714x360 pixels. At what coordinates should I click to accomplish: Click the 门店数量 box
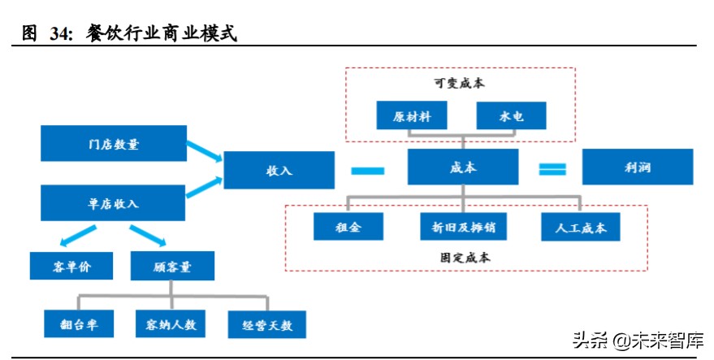pyautogui.click(x=114, y=144)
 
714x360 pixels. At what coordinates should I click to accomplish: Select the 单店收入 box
pyautogui.click(x=114, y=203)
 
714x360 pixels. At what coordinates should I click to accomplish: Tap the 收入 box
pyautogui.click(x=279, y=171)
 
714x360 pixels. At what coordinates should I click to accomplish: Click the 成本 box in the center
pyautogui.click(x=463, y=167)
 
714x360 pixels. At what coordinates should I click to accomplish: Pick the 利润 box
pyautogui.click(x=638, y=167)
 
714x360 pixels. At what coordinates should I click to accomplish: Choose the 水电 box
pyautogui.click(x=511, y=115)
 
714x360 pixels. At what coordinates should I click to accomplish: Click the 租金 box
pyautogui.click(x=348, y=227)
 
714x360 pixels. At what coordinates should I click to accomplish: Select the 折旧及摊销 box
pyautogui.click(x=463, y=227)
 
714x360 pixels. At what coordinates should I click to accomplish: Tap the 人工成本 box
pyautogui.click(x=580, y=227)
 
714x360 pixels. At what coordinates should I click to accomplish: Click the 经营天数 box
pyautogui.click(x=266, y=325)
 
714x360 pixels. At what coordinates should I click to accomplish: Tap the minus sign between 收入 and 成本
pyautogui.click(x=368, y=170)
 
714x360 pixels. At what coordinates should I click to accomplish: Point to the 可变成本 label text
pyautogui.click(x=459, y=82)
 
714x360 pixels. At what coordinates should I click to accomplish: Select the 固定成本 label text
pyautogui.click(x=460, y=258)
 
